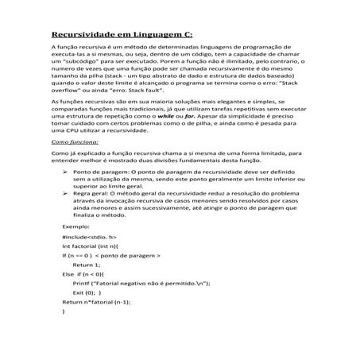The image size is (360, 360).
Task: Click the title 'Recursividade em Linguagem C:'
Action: pos(122,34)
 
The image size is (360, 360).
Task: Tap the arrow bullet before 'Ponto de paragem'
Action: pos(64,172)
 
